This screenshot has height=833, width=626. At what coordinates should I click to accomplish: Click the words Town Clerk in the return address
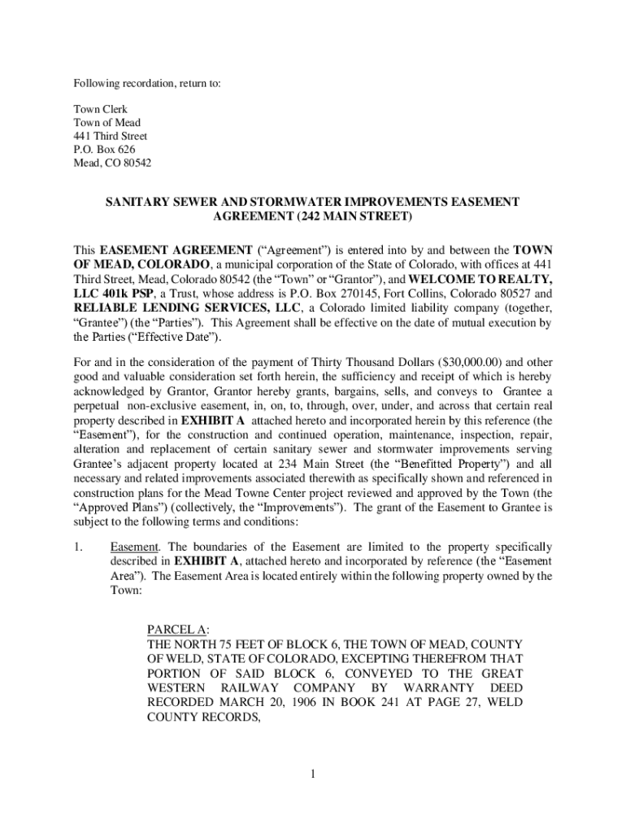click(101, 109)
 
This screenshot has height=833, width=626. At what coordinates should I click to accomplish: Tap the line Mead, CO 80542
click(112, 163)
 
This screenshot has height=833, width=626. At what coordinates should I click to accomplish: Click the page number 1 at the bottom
click(312, 773)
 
